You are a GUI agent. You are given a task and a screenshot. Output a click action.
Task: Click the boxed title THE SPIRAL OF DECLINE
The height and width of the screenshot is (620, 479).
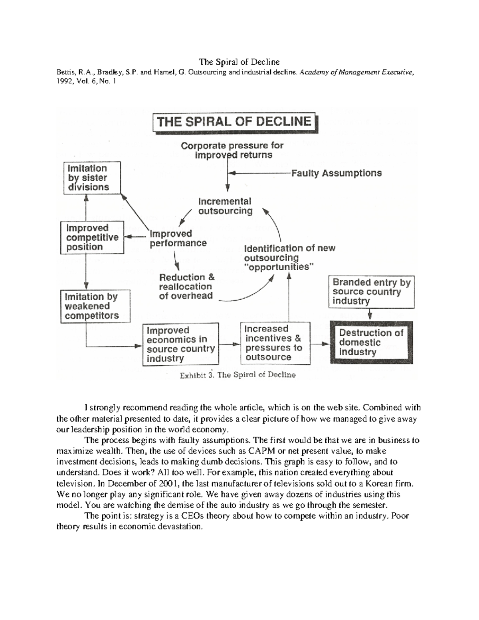(234, 122)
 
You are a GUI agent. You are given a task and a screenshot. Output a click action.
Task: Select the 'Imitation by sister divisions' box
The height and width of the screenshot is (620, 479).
(92, 178)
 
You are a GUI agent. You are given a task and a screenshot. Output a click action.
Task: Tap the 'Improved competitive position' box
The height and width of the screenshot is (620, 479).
(92, 238)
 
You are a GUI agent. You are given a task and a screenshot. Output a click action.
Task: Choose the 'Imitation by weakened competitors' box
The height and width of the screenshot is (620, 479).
(95, 306)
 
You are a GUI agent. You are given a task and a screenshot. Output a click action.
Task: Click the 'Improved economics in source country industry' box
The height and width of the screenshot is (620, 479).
(180, 344)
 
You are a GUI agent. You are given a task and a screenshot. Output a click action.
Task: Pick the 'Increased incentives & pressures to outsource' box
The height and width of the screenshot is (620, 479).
(275, 343)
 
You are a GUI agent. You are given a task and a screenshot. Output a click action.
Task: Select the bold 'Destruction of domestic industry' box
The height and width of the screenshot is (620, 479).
(371, 343)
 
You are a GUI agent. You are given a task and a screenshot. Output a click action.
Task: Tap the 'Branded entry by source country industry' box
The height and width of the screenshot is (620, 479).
(371, 292)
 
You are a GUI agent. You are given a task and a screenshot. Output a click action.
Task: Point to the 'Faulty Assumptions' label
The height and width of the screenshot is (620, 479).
(336, 173)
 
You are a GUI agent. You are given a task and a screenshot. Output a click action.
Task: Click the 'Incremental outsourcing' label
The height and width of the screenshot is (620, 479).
(225, 206)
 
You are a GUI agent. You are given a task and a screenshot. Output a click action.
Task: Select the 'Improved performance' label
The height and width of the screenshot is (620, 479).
(178, 238)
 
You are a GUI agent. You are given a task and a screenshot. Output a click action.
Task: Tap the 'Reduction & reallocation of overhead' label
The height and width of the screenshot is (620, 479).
(186, 286)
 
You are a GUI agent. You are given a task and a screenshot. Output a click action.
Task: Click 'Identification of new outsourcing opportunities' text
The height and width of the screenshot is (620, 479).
(289, 258)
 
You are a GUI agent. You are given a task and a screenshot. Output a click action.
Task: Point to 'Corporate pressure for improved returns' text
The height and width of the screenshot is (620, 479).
(232, 150)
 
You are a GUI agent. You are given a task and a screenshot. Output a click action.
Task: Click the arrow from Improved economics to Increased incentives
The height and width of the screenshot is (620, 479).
(230, 344)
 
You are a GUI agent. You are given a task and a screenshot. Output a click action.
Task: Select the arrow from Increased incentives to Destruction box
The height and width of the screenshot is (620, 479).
(320, 343)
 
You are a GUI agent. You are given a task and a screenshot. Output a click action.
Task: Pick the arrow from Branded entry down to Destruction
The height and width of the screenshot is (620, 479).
(370, 315)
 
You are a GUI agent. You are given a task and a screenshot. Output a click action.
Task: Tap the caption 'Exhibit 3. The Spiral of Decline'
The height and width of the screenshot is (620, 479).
(238, 375)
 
